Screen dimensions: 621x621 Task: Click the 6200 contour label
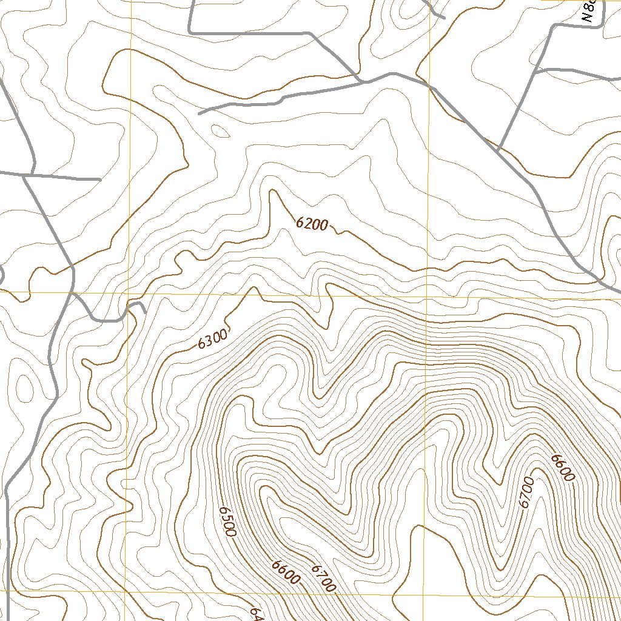(x=312, y=224)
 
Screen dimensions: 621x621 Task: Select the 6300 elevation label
(x=212, y=339)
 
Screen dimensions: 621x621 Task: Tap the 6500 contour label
(x=227, y=522)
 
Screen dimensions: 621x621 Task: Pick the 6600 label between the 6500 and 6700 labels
(x=285, y=573)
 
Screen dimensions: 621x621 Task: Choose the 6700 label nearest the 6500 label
(x=323, y=578)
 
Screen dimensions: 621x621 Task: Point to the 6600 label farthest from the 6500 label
(x=562, y=468)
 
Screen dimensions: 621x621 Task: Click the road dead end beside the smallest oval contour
(x=200, y=113)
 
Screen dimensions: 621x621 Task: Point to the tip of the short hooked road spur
(x=145, y=313)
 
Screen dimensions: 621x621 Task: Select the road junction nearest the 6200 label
(x=363, y=80)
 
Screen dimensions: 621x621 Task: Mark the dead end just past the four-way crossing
(x=99, y=180)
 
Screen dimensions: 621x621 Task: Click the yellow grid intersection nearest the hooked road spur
(x=129, y=294)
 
